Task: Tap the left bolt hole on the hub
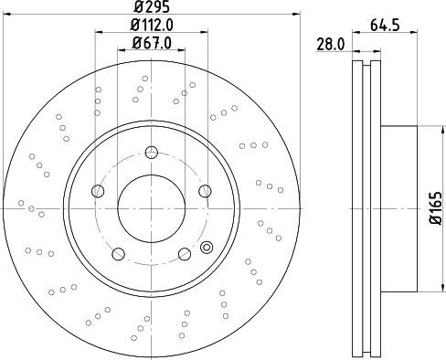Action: point(99,191)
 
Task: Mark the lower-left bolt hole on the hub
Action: point(119,252)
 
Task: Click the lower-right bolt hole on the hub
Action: point(185,252)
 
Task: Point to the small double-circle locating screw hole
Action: point(206,246)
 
